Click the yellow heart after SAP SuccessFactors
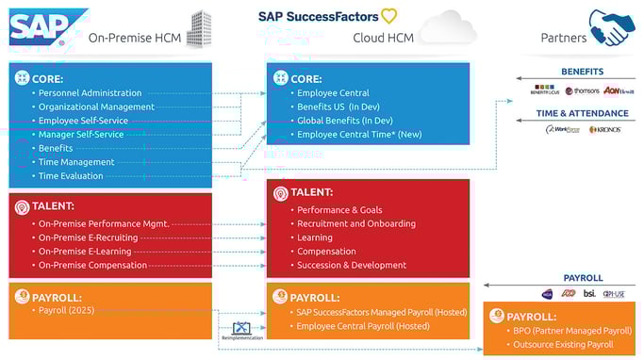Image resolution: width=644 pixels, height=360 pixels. click(388, 16)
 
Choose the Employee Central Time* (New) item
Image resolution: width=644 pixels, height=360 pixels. click(358, 135)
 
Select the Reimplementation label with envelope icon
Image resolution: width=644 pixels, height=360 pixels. click(240, 331)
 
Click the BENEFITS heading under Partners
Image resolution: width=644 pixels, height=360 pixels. click(582, 72)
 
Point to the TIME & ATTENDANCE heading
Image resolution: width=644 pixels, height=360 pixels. click(582, 112)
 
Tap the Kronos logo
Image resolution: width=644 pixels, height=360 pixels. click(604, 130)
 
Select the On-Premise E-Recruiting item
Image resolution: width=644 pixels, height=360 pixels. click(88, 237)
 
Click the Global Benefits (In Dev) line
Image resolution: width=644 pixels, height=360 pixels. click(344, 121)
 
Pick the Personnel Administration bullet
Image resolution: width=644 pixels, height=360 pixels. click(90, 93)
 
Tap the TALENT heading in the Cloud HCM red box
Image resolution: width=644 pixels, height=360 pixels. click(312, 192)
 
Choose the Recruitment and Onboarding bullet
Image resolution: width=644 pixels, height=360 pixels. click(355, 223)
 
